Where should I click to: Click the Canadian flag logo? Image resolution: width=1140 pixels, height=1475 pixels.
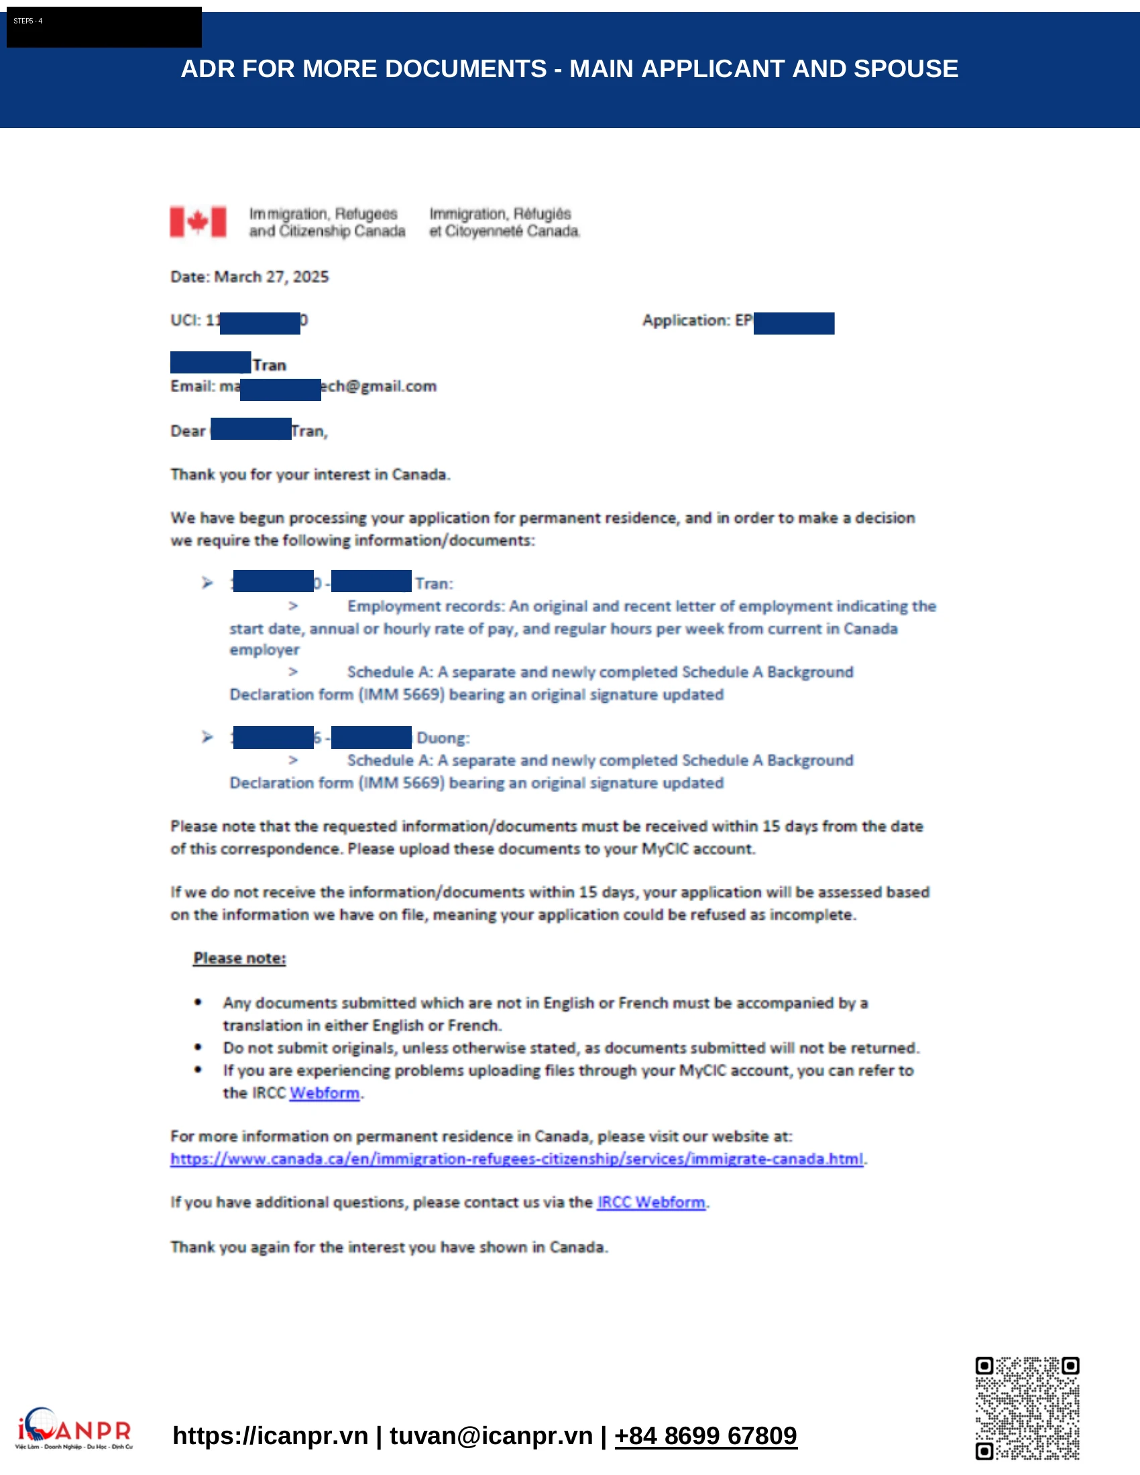[198, 221]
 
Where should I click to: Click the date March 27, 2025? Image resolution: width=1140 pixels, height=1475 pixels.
[271, 277]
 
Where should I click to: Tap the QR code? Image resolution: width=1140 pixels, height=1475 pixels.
[1027, 1408]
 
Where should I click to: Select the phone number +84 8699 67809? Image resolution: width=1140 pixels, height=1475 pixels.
[705, 1436]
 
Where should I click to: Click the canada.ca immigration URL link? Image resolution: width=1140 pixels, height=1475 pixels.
[516, 1159]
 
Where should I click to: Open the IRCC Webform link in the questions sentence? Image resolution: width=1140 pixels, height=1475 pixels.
[651, 1202]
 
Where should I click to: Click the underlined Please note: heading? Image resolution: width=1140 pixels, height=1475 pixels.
[240, 958]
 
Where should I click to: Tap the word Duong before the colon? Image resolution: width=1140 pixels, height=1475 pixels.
[441, 737]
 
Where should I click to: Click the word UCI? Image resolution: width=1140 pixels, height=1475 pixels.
[184, 320]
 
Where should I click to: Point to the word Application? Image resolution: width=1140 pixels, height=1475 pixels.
[685, 320]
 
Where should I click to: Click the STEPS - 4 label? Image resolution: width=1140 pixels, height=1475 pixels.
[28, 21]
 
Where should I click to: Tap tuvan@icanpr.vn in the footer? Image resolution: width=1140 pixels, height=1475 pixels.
[491, 1436]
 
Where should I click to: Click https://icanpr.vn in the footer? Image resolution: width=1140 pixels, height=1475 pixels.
[270, 1436]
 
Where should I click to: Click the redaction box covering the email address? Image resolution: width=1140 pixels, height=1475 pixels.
[280, 390]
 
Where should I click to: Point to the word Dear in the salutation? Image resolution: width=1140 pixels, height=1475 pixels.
[188, 431]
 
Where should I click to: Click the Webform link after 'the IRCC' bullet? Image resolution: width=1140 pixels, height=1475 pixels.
[324, 1093]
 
